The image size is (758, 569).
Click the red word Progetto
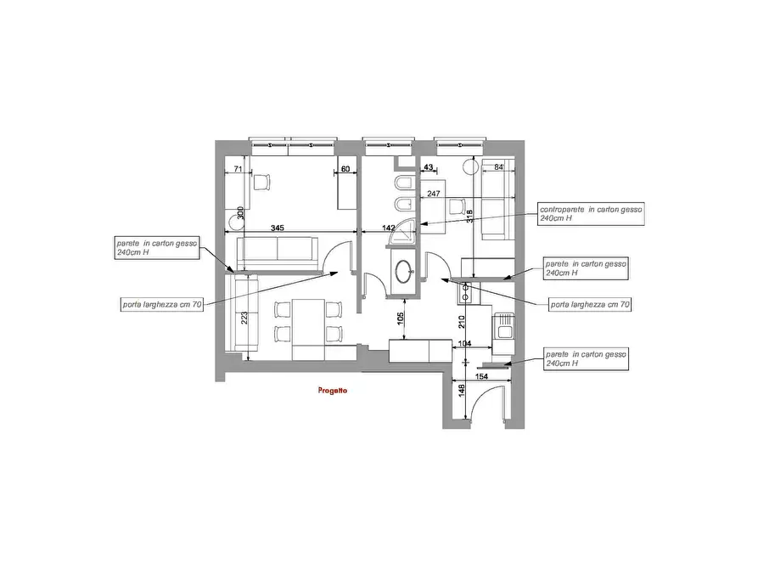coord(333,391)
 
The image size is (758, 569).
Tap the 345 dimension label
coord(277,228)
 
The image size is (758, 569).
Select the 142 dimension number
coord(388,228)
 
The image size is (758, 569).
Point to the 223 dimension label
coord(244,318)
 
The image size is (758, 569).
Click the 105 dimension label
coord(401,318)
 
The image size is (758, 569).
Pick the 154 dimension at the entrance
coord(481,376)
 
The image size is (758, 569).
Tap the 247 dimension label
coord(434,194)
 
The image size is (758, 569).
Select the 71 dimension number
coord(238,169)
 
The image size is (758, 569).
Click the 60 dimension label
coord(345,169)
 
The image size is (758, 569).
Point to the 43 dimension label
coord(429,167)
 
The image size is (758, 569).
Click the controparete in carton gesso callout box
coord(592,214)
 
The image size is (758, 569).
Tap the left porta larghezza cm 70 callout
coord(162,305)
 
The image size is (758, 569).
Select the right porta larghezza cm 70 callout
coord(590,305)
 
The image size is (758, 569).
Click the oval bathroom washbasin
coord(403,272)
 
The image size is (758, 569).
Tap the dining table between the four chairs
coord(308,322)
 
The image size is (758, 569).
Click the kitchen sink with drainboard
coord(504,326)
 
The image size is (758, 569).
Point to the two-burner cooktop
coord(465,293)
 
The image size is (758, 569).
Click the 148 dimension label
coord(462,391)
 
